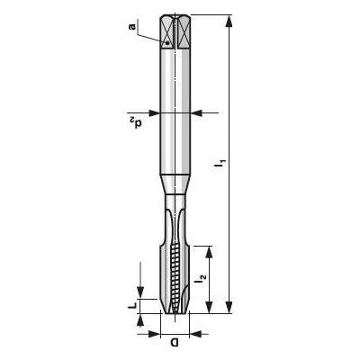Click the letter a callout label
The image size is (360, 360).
132,27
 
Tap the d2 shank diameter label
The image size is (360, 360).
135,122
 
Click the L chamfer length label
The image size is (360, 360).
132,306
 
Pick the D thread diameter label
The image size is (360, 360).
175,342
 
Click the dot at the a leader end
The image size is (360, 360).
167,43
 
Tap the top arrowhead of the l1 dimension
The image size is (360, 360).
229,21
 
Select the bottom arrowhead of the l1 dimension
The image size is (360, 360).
229,307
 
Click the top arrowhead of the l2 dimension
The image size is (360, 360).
210,252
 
